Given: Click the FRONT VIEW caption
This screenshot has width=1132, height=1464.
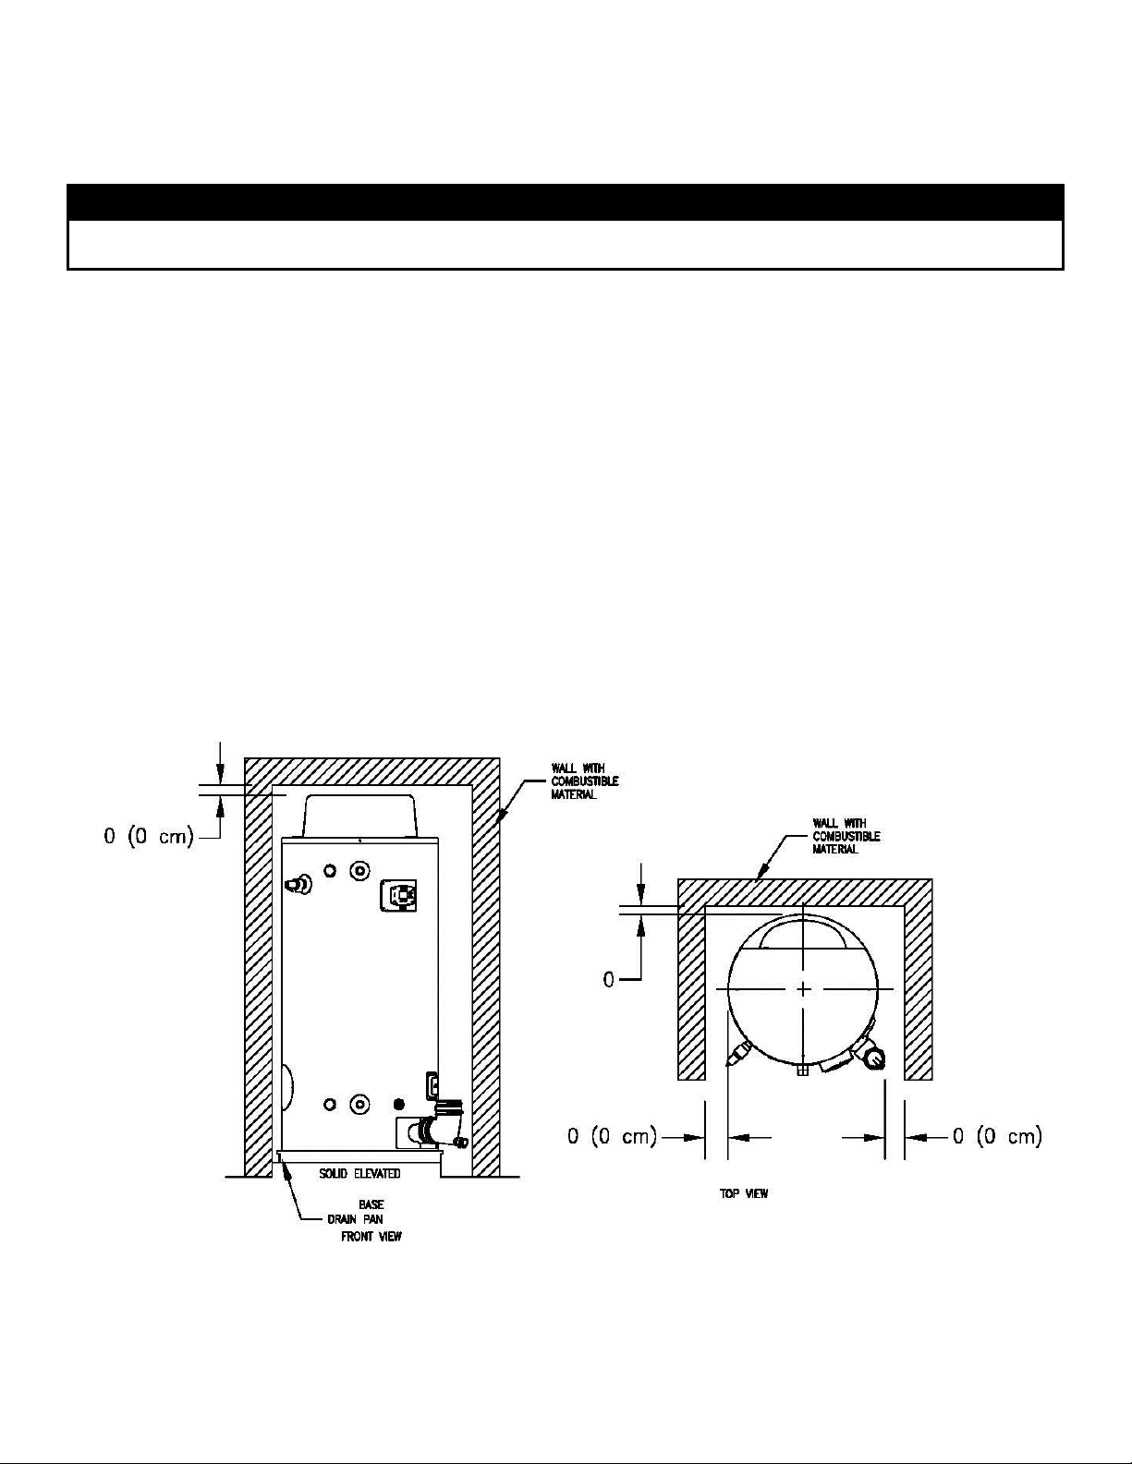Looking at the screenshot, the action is coord(371,1236).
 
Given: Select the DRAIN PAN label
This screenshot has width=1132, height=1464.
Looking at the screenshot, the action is coord(355,1219).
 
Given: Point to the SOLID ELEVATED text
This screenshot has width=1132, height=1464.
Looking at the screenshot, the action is coord(359,1173).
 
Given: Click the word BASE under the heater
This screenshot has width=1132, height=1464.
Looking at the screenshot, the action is coord(371,1204).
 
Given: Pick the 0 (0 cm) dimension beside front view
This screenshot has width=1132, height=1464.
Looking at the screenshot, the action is coord(149,837).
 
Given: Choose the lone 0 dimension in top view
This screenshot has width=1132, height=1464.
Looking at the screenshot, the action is coord(608,980).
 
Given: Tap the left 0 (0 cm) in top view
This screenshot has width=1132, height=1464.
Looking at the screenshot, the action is coord(612,1137).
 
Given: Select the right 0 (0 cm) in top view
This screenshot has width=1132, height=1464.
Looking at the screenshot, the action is coord(997,1137).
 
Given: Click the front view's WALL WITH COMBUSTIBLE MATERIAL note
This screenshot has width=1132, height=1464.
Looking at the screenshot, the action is coord(585,780).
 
